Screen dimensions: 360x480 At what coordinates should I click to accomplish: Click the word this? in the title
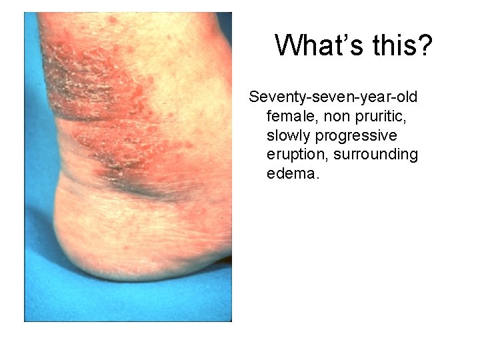coord(400,46)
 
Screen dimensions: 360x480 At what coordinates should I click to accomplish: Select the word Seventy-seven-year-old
coord(333,97)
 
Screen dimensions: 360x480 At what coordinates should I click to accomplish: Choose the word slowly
coord(289,136)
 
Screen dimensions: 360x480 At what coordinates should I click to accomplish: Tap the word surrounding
coord(377,155)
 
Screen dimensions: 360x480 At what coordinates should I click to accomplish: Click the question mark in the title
coord(425,46)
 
